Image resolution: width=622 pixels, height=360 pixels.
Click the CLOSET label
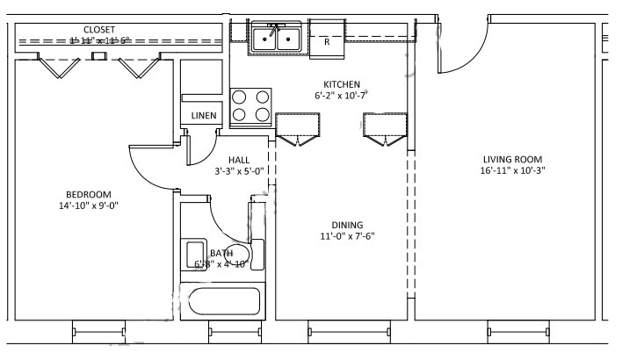[99, 30]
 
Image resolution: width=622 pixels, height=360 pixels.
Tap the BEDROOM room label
[89, 194]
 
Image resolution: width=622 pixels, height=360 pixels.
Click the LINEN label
[203, 116]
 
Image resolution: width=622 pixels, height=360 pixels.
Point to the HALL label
[239, 160]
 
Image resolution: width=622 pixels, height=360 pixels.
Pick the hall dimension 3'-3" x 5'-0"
[239, 171]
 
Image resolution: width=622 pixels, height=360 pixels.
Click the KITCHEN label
[343, 84]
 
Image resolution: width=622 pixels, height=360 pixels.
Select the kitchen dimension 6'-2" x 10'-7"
[341, 95]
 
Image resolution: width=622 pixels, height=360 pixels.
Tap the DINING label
[342, 225]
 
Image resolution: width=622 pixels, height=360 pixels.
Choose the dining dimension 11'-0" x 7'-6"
[342, 236]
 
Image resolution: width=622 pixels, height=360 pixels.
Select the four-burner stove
[250, 106]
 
